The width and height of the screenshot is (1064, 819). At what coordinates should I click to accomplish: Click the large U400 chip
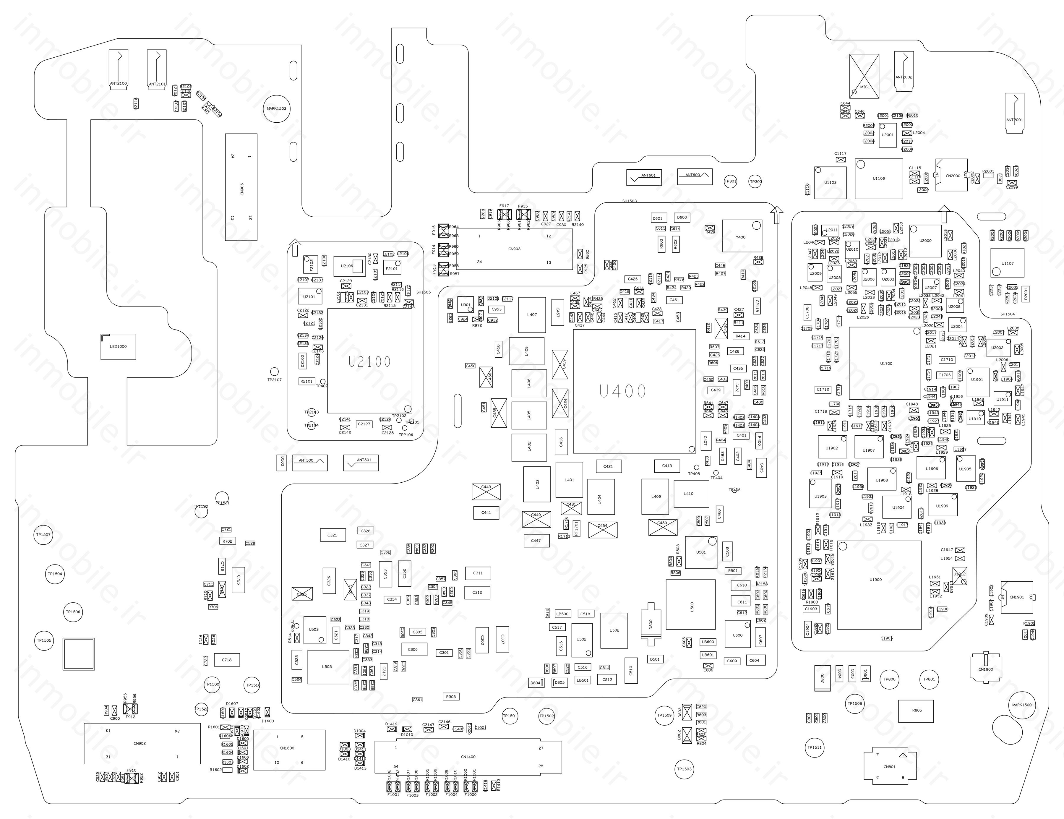coord(634,391)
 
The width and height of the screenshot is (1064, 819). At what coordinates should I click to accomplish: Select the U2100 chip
coord(369,361)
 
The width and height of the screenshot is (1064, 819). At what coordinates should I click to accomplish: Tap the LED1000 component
coord(118,346)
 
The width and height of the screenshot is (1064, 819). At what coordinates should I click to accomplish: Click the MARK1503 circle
coord(276,109)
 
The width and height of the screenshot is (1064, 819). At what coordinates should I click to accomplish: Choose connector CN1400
coord(468,757)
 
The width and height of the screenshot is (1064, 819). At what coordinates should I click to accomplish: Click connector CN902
coord(142,743)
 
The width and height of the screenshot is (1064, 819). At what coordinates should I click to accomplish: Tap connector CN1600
coord(289,750)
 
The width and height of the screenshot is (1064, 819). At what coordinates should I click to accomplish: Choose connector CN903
coord(514,249)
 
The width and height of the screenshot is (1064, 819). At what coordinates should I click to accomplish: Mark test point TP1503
coord(684,769)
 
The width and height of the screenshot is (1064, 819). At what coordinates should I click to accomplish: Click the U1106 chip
coord(878,178)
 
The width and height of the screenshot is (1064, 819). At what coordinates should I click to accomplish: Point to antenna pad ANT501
coord(361,462)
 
